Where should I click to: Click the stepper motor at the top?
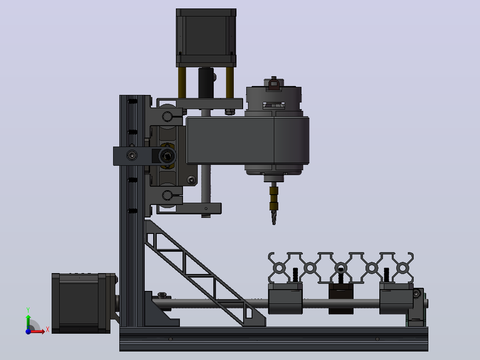(206, 37)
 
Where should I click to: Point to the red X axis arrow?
(37, 331)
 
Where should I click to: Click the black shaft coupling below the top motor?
(206, 83)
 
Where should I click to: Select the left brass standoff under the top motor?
(182, 82)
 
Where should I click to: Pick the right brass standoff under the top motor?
(230, 82)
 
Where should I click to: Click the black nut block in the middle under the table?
(341, 299)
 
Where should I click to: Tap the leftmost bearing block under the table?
(285, 299)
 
